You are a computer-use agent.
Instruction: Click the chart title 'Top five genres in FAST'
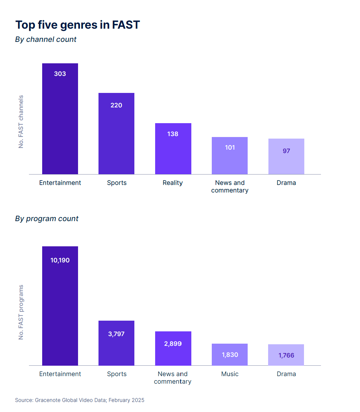tap(77, 25)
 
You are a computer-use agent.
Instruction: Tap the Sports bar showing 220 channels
tap(116, 134)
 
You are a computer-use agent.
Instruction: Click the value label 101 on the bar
tap(230, 147)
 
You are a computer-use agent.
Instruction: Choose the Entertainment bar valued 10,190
tap(60, 306)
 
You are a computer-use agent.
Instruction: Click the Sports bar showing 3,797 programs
tap(116, 343)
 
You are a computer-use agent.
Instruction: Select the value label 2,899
tap(173, 344)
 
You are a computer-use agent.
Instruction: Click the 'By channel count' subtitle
tap(46, 39)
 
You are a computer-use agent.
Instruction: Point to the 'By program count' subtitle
tap(47, 219)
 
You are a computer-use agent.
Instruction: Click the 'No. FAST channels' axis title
tap(21, 122)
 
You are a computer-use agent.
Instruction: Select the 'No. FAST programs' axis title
tap(21, 312)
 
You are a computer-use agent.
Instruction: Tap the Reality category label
tap(173, 183)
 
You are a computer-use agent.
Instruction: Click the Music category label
tap(230, 374)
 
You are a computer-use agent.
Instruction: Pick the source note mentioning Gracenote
tap(80, 400)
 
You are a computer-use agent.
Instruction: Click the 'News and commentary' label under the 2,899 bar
tap(173, 378)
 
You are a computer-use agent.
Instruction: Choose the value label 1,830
tap(230, 355)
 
